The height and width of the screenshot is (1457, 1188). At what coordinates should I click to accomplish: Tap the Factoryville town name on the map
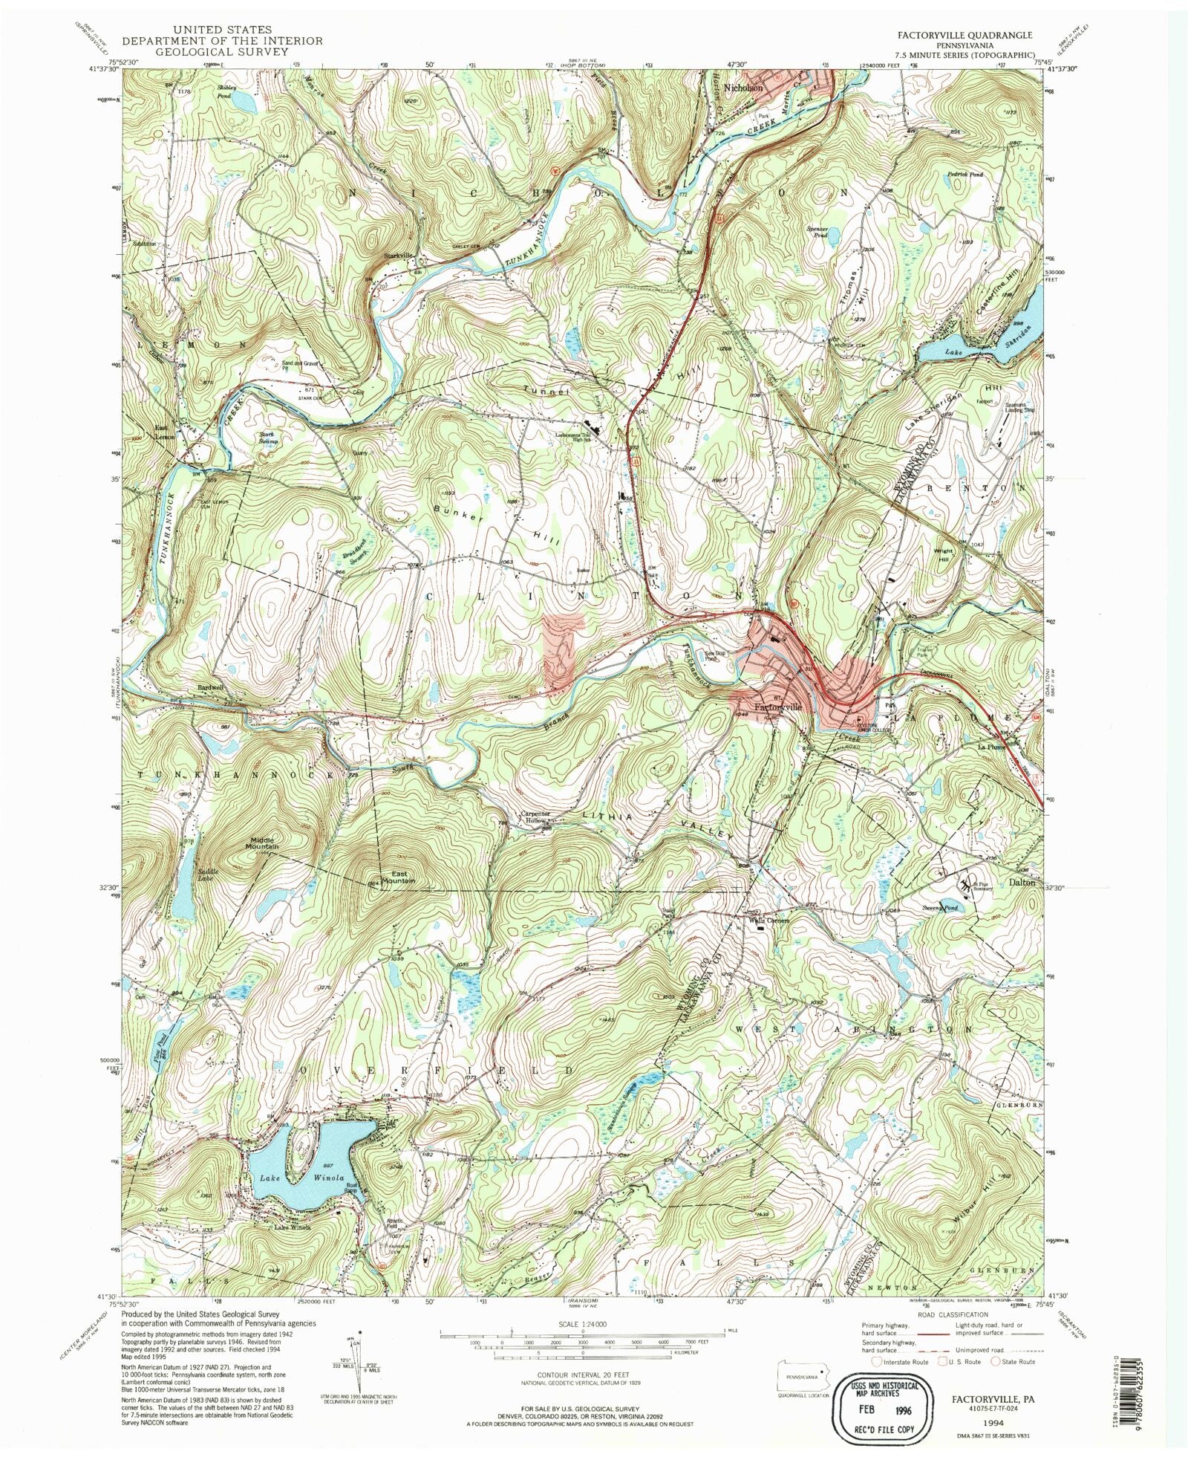click(x=778, y=707)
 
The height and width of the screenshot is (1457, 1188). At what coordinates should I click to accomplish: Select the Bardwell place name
click(x=210, y=687)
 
